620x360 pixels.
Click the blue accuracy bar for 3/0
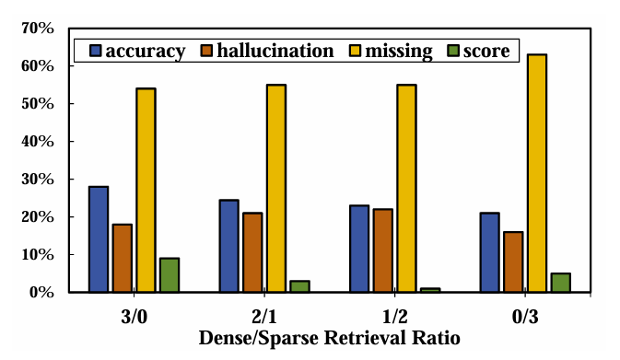pyautogui.click(x=99, y=239)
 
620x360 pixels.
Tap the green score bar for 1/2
pyautogui.click(x=430, y=290)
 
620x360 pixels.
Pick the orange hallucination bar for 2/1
pyautogui.click(x=252, y=252)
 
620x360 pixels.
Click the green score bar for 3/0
pyautogui.click(x=170, y=274)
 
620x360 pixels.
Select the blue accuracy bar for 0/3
pyautogui.click(x=489, y=252)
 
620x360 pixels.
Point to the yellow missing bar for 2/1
pyautogui.click(x=275, y=188)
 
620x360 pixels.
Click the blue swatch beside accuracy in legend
pyautogui.click(x=95, y=51)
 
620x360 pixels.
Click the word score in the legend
pyautogui.click(x=487, y=51)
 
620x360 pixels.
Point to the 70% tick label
pyautogui.click(x=40, y=29)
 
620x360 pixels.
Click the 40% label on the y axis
pyautogui.click(x=40, y=142)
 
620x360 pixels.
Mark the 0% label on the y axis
pyautogui.click(x=43, y=293)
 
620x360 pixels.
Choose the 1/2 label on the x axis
pyautogui.click(x=394, y=314)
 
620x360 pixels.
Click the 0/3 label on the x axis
pyautogui.click(x=524, y=314)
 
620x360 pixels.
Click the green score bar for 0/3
pyautogui.click(x=560, y=283)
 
